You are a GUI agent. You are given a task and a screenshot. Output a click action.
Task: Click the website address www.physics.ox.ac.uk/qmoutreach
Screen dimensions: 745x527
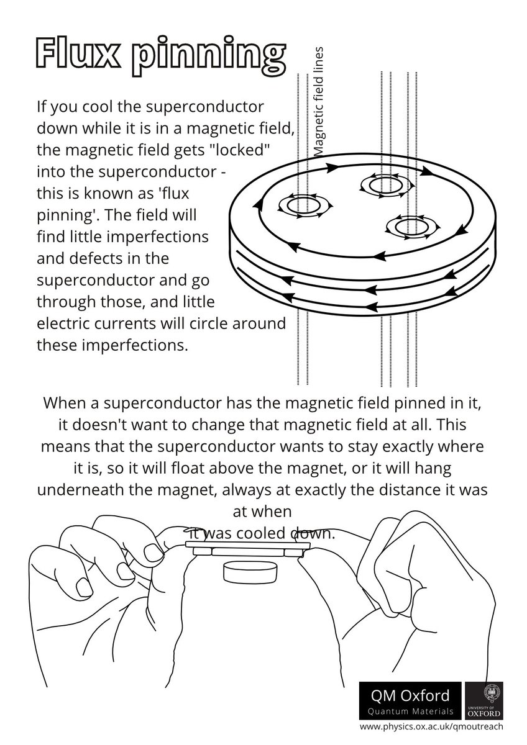431,725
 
